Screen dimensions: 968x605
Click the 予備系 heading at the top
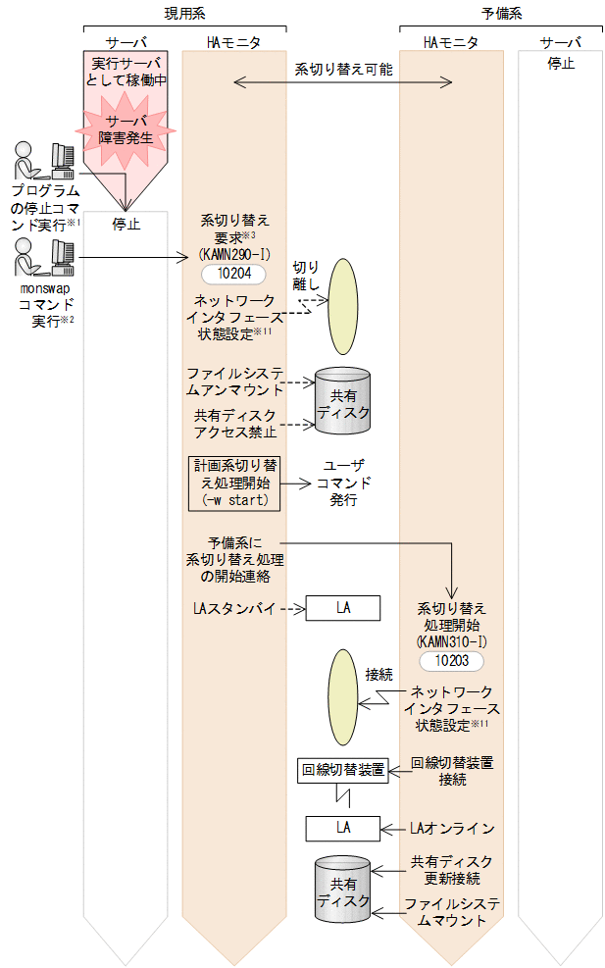(501, 12)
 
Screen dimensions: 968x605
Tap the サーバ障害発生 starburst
(127, 129)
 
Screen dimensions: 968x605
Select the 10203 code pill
(451, 661)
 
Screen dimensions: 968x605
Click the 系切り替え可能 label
(343, 70)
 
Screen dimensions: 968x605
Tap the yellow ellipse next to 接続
(343, 700)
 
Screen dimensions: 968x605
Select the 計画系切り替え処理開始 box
(233, 483)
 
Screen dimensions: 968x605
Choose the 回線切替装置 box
(343, 770)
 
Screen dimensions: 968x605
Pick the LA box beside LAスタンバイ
(343, 608)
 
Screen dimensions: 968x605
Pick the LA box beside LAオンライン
(343, 828)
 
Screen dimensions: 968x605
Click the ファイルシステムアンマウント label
(235, 381)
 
